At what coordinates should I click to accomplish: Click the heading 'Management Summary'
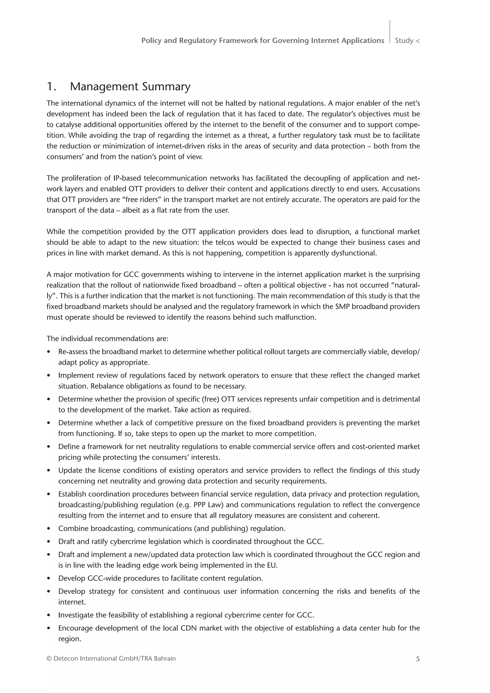pos(130,87)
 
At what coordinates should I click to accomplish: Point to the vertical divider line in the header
pos(390,32)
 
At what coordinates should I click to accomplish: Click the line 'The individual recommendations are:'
pos(107,339)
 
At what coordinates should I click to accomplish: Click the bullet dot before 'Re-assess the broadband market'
pos(49,352)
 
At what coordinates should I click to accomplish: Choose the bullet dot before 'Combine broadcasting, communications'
pos(49,529)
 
